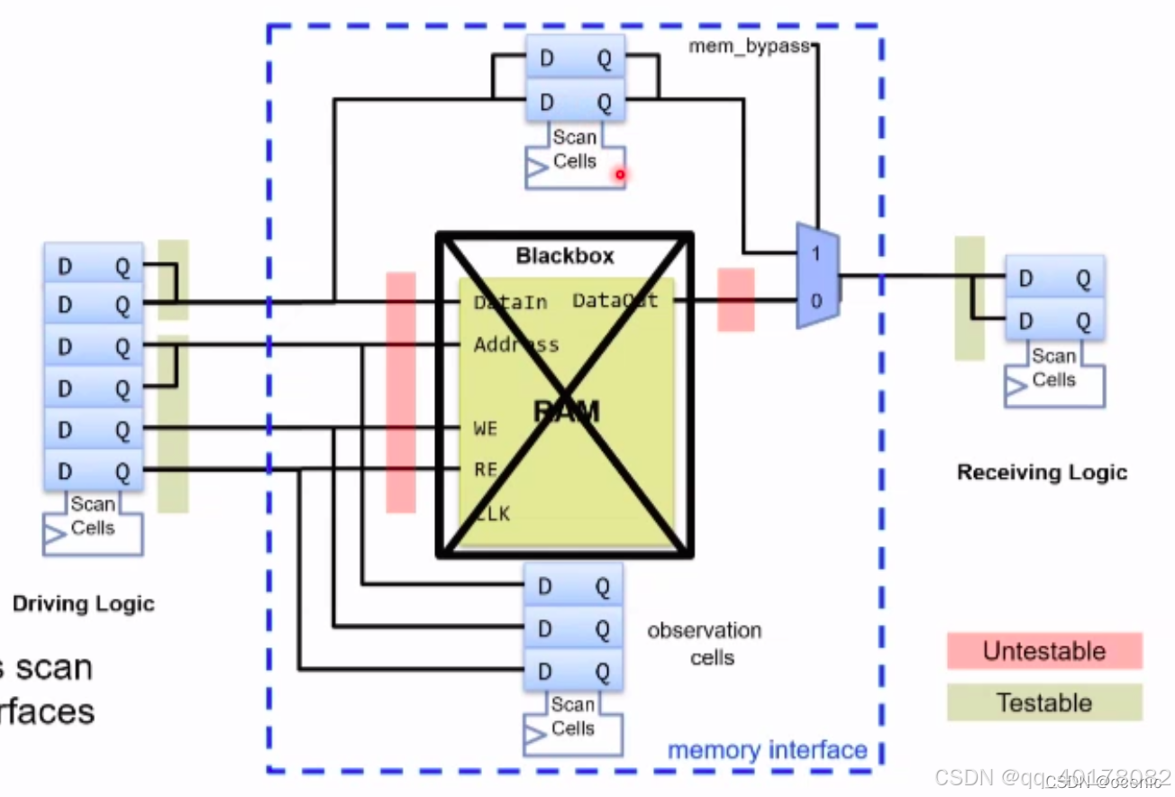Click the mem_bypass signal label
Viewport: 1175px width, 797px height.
[750, 46]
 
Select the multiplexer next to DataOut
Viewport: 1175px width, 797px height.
[817, 276]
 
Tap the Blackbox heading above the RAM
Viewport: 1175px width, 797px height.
[565, 256]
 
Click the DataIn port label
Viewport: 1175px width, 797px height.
[510, 303]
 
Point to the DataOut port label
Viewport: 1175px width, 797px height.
[615, 301]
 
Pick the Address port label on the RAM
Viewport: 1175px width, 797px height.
[516, 344]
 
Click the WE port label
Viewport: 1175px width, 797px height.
[485, 428]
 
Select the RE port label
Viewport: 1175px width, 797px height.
[485, 469]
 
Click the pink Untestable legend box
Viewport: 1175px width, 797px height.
[1044, 651]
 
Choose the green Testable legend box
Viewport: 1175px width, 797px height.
[1044, 703]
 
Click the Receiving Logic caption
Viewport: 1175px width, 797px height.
[1042, 472]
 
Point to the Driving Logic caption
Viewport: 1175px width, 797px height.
[84, 604]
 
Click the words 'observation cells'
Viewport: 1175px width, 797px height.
[705, 644]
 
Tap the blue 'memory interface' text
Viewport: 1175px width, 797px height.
[767, 750]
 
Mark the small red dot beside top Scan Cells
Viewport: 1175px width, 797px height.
[620, 174]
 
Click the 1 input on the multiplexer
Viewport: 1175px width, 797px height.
[815, 254]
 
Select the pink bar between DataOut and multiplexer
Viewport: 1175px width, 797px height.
[735, 299]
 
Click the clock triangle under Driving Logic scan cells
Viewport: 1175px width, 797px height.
[56, 535]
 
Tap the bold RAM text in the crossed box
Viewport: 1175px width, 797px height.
[566, 412]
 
